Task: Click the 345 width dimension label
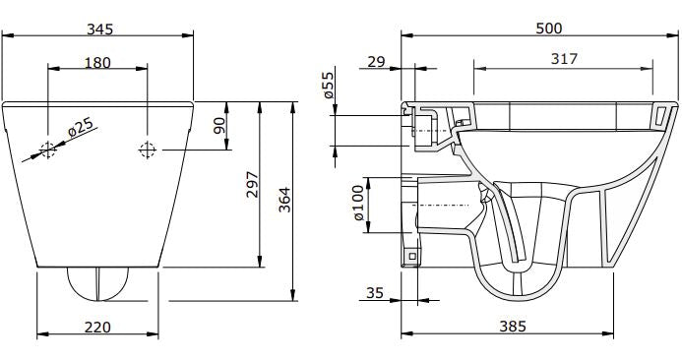point(99,29)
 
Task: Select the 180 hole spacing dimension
point(97,63)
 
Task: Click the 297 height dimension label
point(252,184)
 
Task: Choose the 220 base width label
point(96,326)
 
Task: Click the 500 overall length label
point(548,29)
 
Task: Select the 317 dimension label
point(563,61)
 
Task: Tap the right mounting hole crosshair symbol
point(148,150)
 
